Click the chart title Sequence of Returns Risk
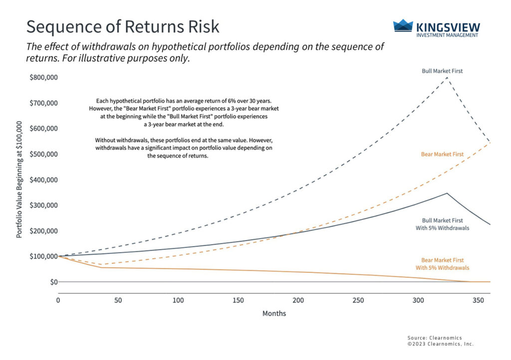pos(122,26)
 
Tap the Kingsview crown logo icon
pos(403,26)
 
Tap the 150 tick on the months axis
pos(238,301)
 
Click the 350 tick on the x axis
pos(479,301)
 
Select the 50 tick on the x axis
pos(118,301)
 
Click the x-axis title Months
pos(274,314)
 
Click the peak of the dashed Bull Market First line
pos(447,77)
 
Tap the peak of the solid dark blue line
pos(447,193)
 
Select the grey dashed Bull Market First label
pos(442,71)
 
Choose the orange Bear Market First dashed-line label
pos(442,154)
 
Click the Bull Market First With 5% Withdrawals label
pos(442,224)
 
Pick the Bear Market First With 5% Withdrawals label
pos(442,264)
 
